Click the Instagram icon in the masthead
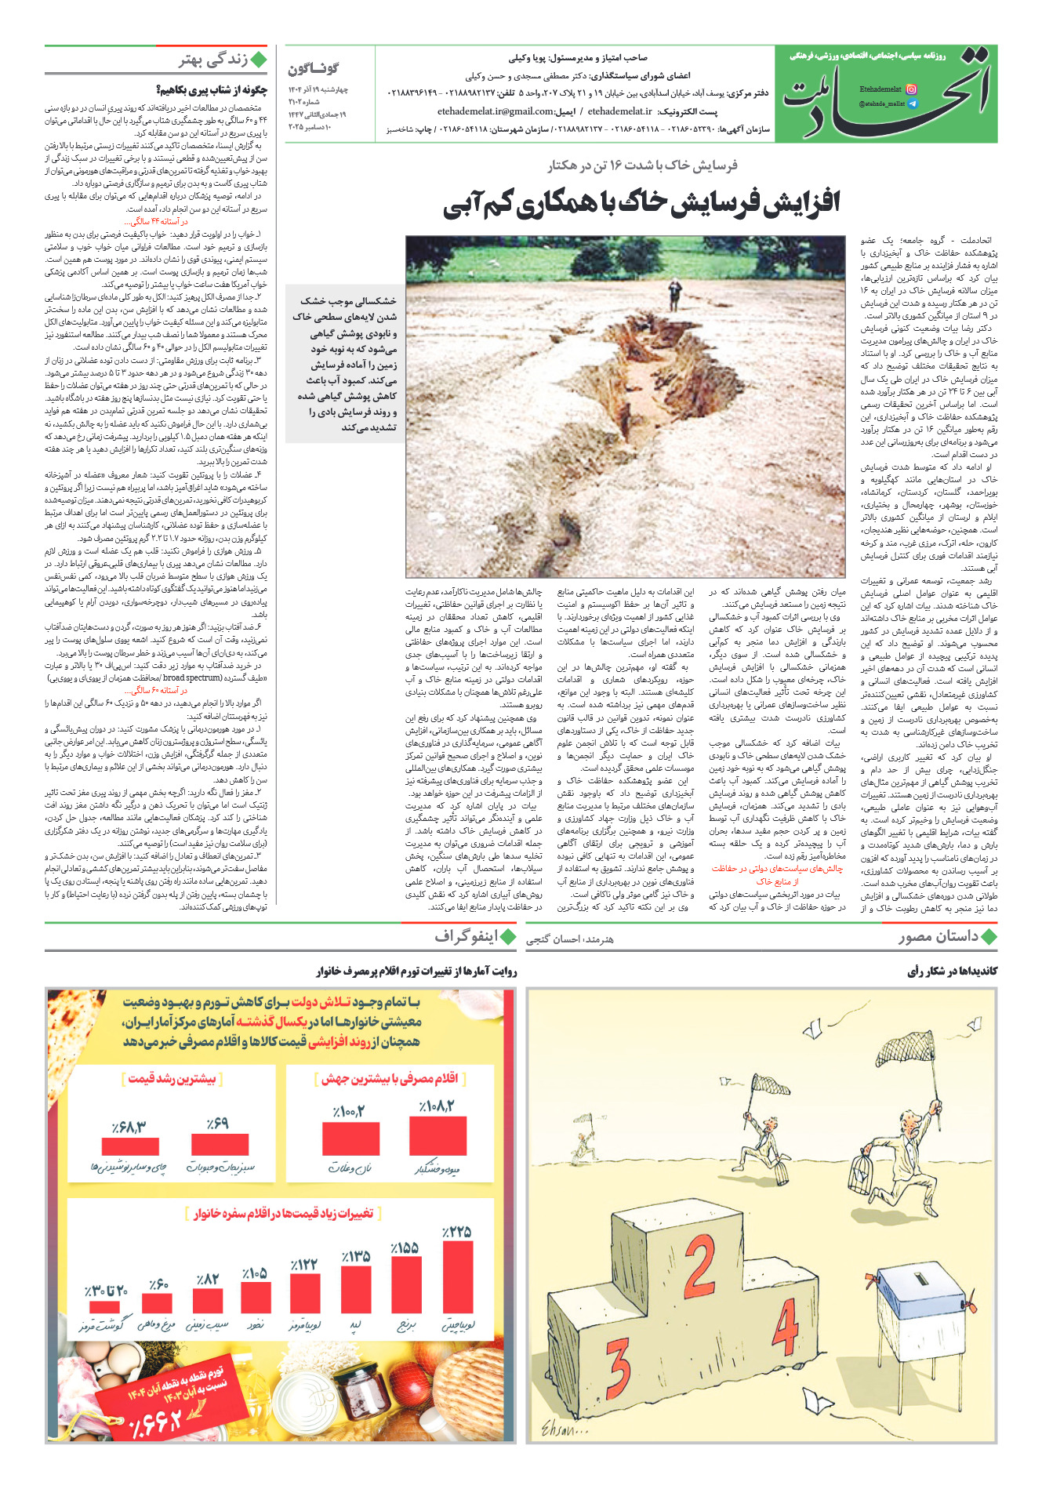click(911, 89)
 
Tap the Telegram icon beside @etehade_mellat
click(911, 104)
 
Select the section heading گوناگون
click(313, 68)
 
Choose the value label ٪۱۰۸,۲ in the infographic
click(436, 1106)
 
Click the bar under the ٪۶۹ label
click(220, 1144)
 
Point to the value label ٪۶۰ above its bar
click(158, 1284)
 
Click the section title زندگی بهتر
click(213, 60)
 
